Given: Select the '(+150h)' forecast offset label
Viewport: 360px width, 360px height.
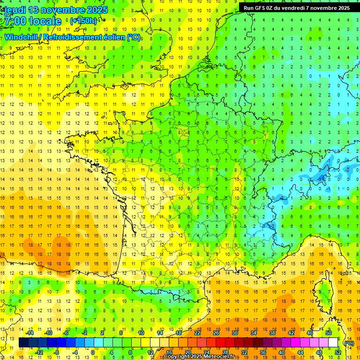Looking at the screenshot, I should coord(83,21).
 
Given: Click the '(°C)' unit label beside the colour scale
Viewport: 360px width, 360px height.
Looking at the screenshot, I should coord(349,343).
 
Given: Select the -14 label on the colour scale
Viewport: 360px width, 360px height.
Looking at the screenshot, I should coord(30,333).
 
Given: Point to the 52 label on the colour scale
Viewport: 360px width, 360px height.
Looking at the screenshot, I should coord(338,352).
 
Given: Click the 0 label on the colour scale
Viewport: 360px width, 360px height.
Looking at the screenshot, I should coord(92,352).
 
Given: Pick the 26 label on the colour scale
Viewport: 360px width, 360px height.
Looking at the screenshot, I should coord(216,333).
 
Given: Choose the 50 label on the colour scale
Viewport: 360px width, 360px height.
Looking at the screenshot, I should coord(328,333).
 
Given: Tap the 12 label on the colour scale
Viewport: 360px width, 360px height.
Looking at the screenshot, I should coord(150,352).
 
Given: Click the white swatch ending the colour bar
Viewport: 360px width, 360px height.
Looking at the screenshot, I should coord(333,343).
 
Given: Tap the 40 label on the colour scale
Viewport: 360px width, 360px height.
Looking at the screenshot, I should coord(282,352).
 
